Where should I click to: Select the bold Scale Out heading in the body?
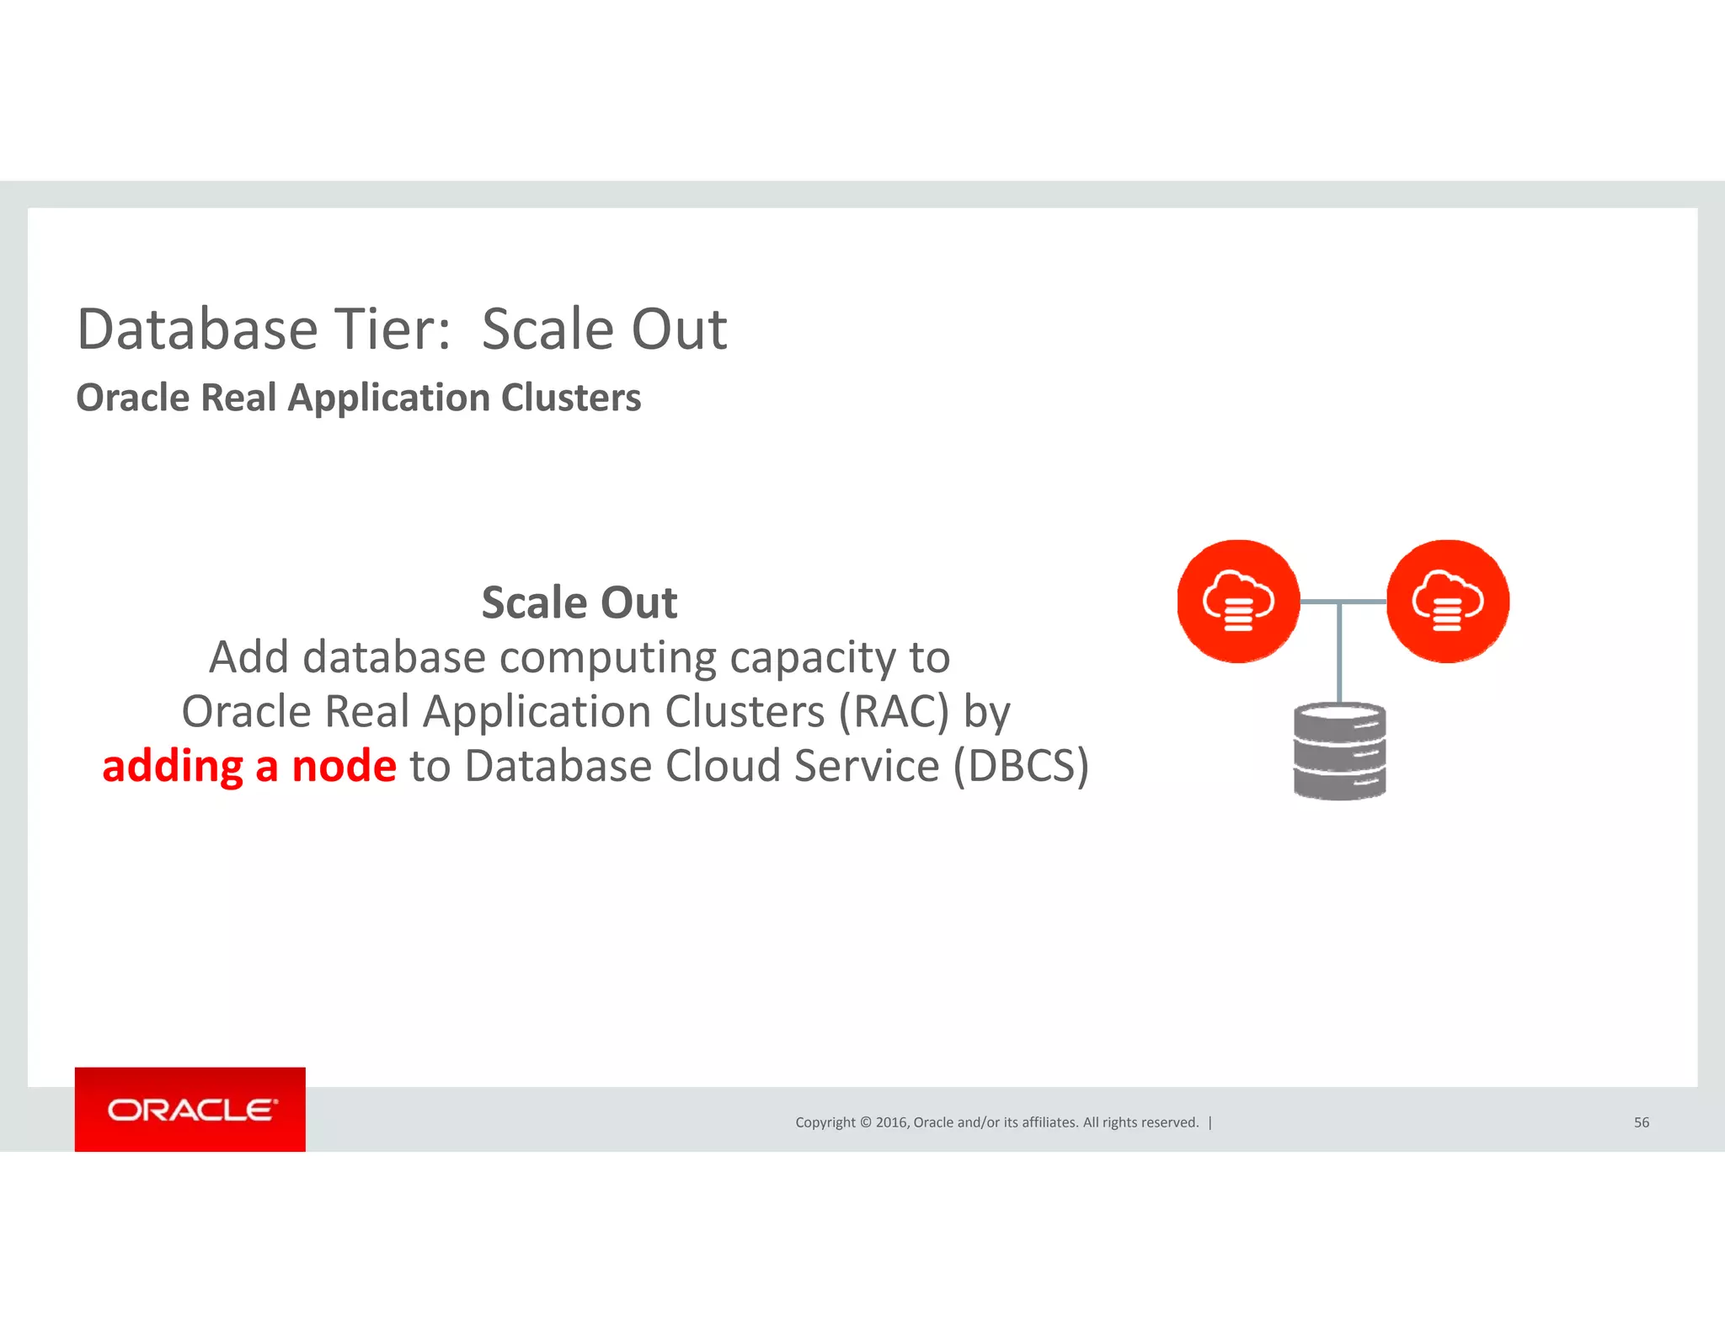coord(579,602)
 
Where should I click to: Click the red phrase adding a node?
coord(249,766)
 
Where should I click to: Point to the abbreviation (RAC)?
coord(894,711)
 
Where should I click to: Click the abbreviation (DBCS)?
coord(1021,766)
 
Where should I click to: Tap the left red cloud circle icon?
coord(1238,602)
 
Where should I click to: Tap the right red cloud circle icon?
coord(1447,602)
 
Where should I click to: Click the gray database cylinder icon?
coord(1339,751)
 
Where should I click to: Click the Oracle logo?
coord(190,1110)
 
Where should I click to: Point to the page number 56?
coord(1641,1122)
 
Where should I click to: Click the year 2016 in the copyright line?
coord(891,1122)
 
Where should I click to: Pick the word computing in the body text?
coord(607,657)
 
